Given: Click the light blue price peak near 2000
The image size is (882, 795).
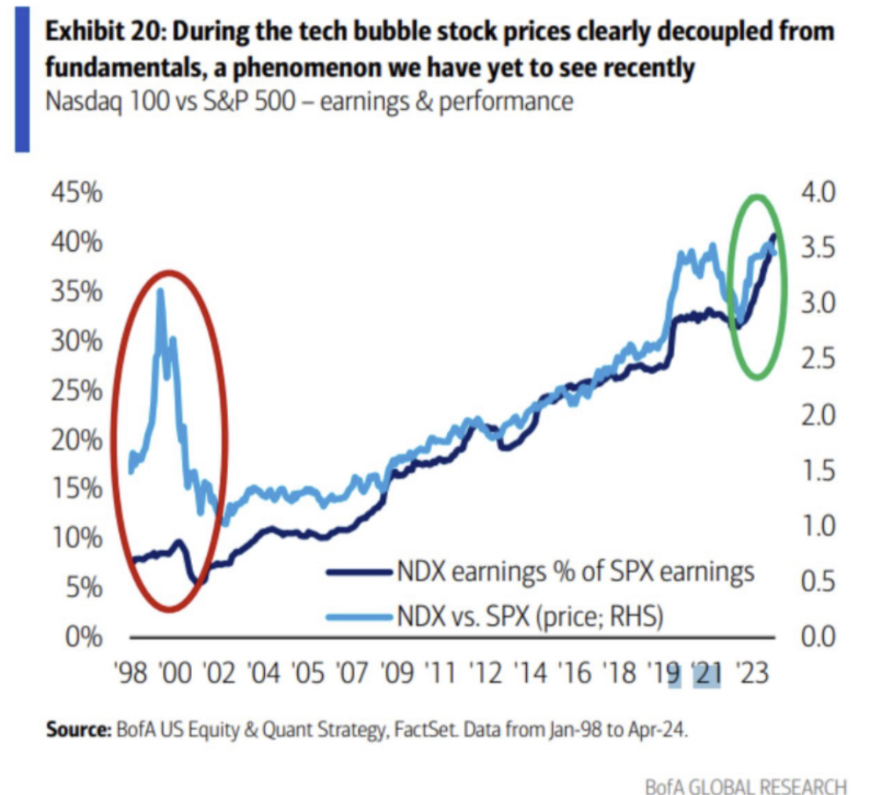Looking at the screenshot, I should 161,291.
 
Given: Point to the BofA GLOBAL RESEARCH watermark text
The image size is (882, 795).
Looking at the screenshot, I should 746,785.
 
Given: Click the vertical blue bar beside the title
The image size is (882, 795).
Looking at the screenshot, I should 23,75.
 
